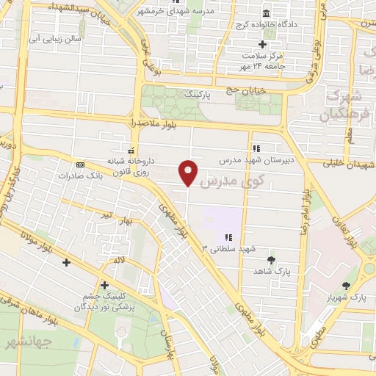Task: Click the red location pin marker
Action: pyautogui.click(x=189, y=172)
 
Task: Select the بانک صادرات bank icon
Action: pyautogui.click(x=80, y=164)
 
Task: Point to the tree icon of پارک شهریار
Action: pyautogui.click(x=345, y=285)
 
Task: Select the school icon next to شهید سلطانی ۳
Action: pyautogui.click(x=228, y=237)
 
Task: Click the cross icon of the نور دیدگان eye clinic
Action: pyautogui.click(x=104, y=285)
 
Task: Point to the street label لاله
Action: pyautogui.click(x=118, y=261)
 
